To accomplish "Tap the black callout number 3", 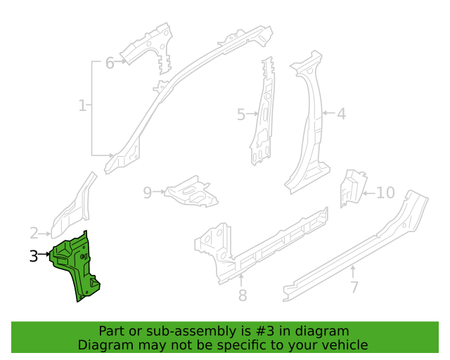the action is coord(34,256).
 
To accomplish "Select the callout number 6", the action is coord(110,63).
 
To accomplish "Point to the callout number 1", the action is coord(82,105).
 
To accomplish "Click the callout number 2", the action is coord(34,233).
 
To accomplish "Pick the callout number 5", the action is coord(241,115).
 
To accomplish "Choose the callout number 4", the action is coord(341,114).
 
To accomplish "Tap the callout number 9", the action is coord(148,193).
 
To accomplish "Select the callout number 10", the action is coord(385,193).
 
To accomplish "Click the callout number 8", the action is coord(243,295).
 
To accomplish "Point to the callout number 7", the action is coord(354,287).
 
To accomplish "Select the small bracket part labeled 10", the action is coord(353,188).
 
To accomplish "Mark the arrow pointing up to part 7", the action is coord(353,272).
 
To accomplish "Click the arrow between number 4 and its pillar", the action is coord(328,112).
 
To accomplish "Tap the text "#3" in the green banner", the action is coord(264,331).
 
